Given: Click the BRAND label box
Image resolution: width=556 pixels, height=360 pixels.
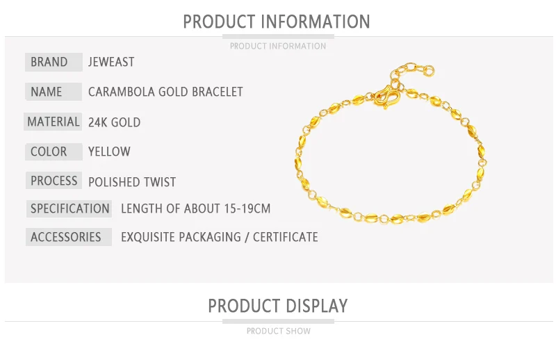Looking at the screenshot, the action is coord(54,62).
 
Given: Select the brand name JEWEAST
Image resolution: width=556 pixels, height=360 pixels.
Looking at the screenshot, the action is coord(111,62).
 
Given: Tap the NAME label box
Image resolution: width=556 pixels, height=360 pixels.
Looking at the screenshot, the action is coord(54,92).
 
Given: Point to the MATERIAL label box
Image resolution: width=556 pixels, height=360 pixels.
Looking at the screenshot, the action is coord(53,122).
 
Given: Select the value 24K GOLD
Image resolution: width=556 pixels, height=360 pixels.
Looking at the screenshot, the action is coord(114,122).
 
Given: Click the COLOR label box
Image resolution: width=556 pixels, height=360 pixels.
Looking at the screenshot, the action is coord(54,152).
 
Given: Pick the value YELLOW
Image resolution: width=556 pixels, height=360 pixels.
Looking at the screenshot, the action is coord(109,152).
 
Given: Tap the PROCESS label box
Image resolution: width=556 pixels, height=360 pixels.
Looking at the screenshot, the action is coord(54,181).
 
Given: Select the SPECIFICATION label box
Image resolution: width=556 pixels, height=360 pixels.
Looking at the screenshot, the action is coord(69,208).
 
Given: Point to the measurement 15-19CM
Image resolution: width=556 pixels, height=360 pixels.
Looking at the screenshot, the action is coord(247,208).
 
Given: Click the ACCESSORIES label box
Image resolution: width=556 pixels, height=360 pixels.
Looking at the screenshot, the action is coord(69,237).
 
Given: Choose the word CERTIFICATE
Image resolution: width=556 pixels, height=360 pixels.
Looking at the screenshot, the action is coord(286,237).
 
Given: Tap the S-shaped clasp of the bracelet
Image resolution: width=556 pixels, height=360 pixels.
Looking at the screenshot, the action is coord(387,97).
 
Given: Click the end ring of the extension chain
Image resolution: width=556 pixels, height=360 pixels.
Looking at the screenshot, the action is coord(429,70).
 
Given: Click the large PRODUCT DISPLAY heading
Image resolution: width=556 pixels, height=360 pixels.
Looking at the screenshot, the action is coord(278,306).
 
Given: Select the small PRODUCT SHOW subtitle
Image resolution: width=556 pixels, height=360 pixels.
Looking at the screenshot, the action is coord(279,331).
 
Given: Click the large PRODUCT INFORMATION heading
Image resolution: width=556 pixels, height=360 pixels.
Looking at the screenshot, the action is coord(277,22).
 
